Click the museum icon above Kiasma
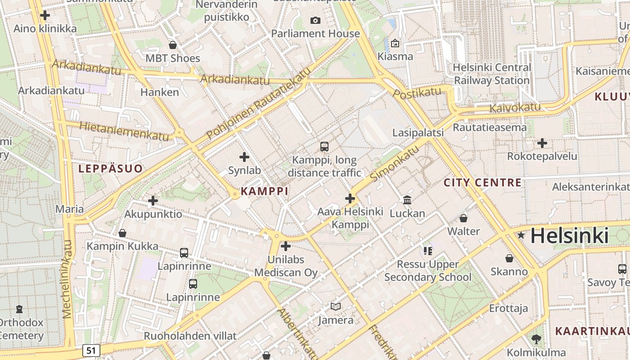395,43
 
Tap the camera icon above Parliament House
315,20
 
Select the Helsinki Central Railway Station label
491,74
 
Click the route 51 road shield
91,350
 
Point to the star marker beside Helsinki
521,235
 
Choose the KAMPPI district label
264,191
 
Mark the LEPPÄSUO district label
111,169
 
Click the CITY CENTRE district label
482,183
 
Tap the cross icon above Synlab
244,157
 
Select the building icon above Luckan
407,200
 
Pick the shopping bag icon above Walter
463,218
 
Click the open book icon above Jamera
335,306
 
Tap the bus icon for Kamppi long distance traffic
324,146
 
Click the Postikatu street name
417,93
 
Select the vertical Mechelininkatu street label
67,279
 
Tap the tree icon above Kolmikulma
536,339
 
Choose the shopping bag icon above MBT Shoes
172,45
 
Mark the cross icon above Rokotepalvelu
542,143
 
